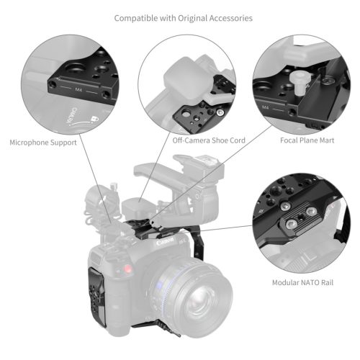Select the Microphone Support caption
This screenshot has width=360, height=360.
(43, 143)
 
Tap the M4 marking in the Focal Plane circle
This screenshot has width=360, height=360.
(266, 107)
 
